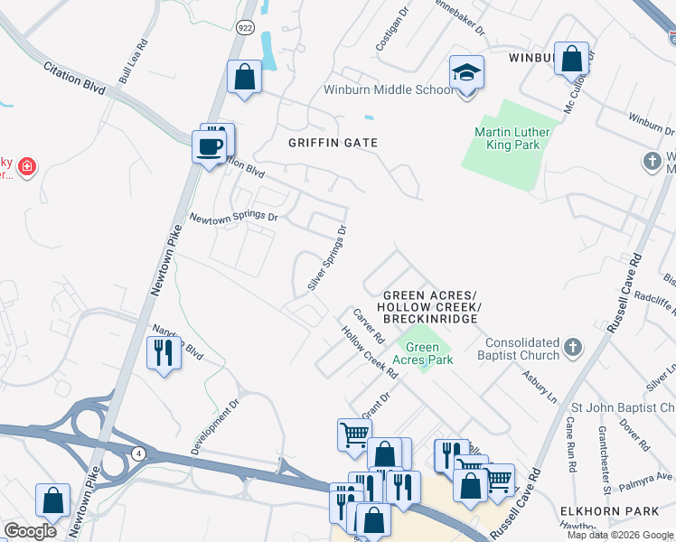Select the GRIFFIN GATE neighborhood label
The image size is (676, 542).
click(333, 143)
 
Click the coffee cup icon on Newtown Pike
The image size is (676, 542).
click(210, 147)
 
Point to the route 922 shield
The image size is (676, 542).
click(246, 27)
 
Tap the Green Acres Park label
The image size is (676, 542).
click(428, 352)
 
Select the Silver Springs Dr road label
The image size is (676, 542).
click(327, 258)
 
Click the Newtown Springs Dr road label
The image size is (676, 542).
click(232, 217)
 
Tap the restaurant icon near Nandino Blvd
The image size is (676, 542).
click(164, 352)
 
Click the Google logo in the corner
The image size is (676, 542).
click(31, 531)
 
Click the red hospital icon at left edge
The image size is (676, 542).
click(28, 167)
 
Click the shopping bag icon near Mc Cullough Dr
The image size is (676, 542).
click(571, 60)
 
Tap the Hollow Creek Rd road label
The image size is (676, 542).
click(369, 351)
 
